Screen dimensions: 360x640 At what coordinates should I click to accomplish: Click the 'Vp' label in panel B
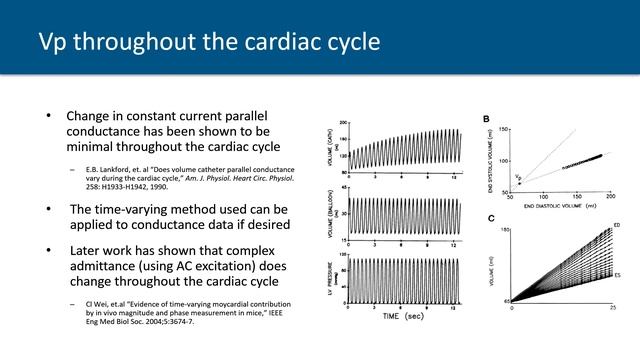(x=517, y=177)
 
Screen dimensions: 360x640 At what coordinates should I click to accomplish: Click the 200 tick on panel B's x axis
(x=610, y=197)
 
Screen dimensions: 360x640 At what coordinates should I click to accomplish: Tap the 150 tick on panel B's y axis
(x=504, y=130)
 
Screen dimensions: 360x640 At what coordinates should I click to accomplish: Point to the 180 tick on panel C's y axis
(x=503, y=230)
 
